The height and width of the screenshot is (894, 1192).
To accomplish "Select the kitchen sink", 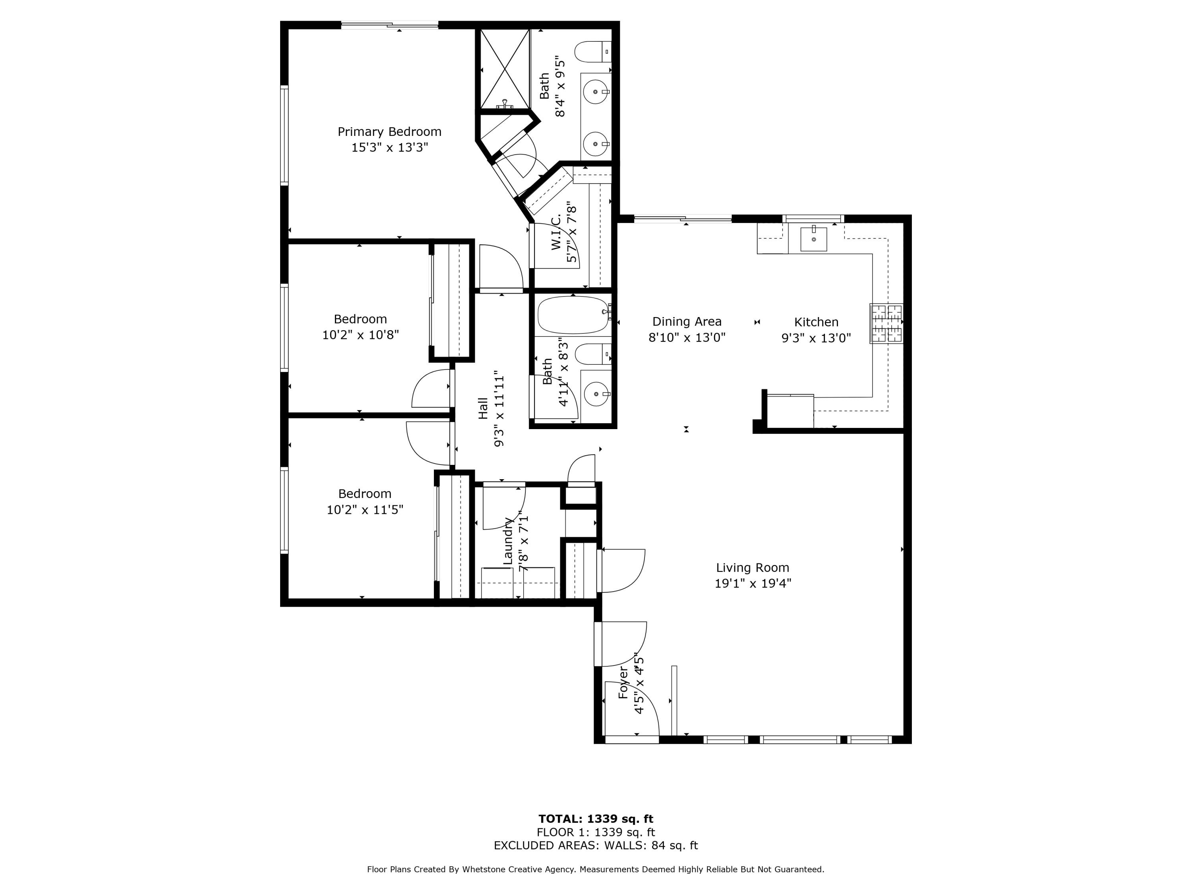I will tap(813, 239).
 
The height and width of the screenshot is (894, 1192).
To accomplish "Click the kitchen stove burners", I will tap(886, 323).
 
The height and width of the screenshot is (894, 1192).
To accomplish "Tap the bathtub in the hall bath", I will tap(573, 315).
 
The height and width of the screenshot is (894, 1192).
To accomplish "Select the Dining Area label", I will tap(687, 322).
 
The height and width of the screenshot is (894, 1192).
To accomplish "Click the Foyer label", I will tap(623, 682).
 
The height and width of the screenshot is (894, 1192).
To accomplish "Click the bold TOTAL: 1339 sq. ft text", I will tap(596, 819).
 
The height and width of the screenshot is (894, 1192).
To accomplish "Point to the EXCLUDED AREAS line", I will tap(596, 846).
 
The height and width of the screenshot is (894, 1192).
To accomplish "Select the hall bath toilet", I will tap(593, 354).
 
